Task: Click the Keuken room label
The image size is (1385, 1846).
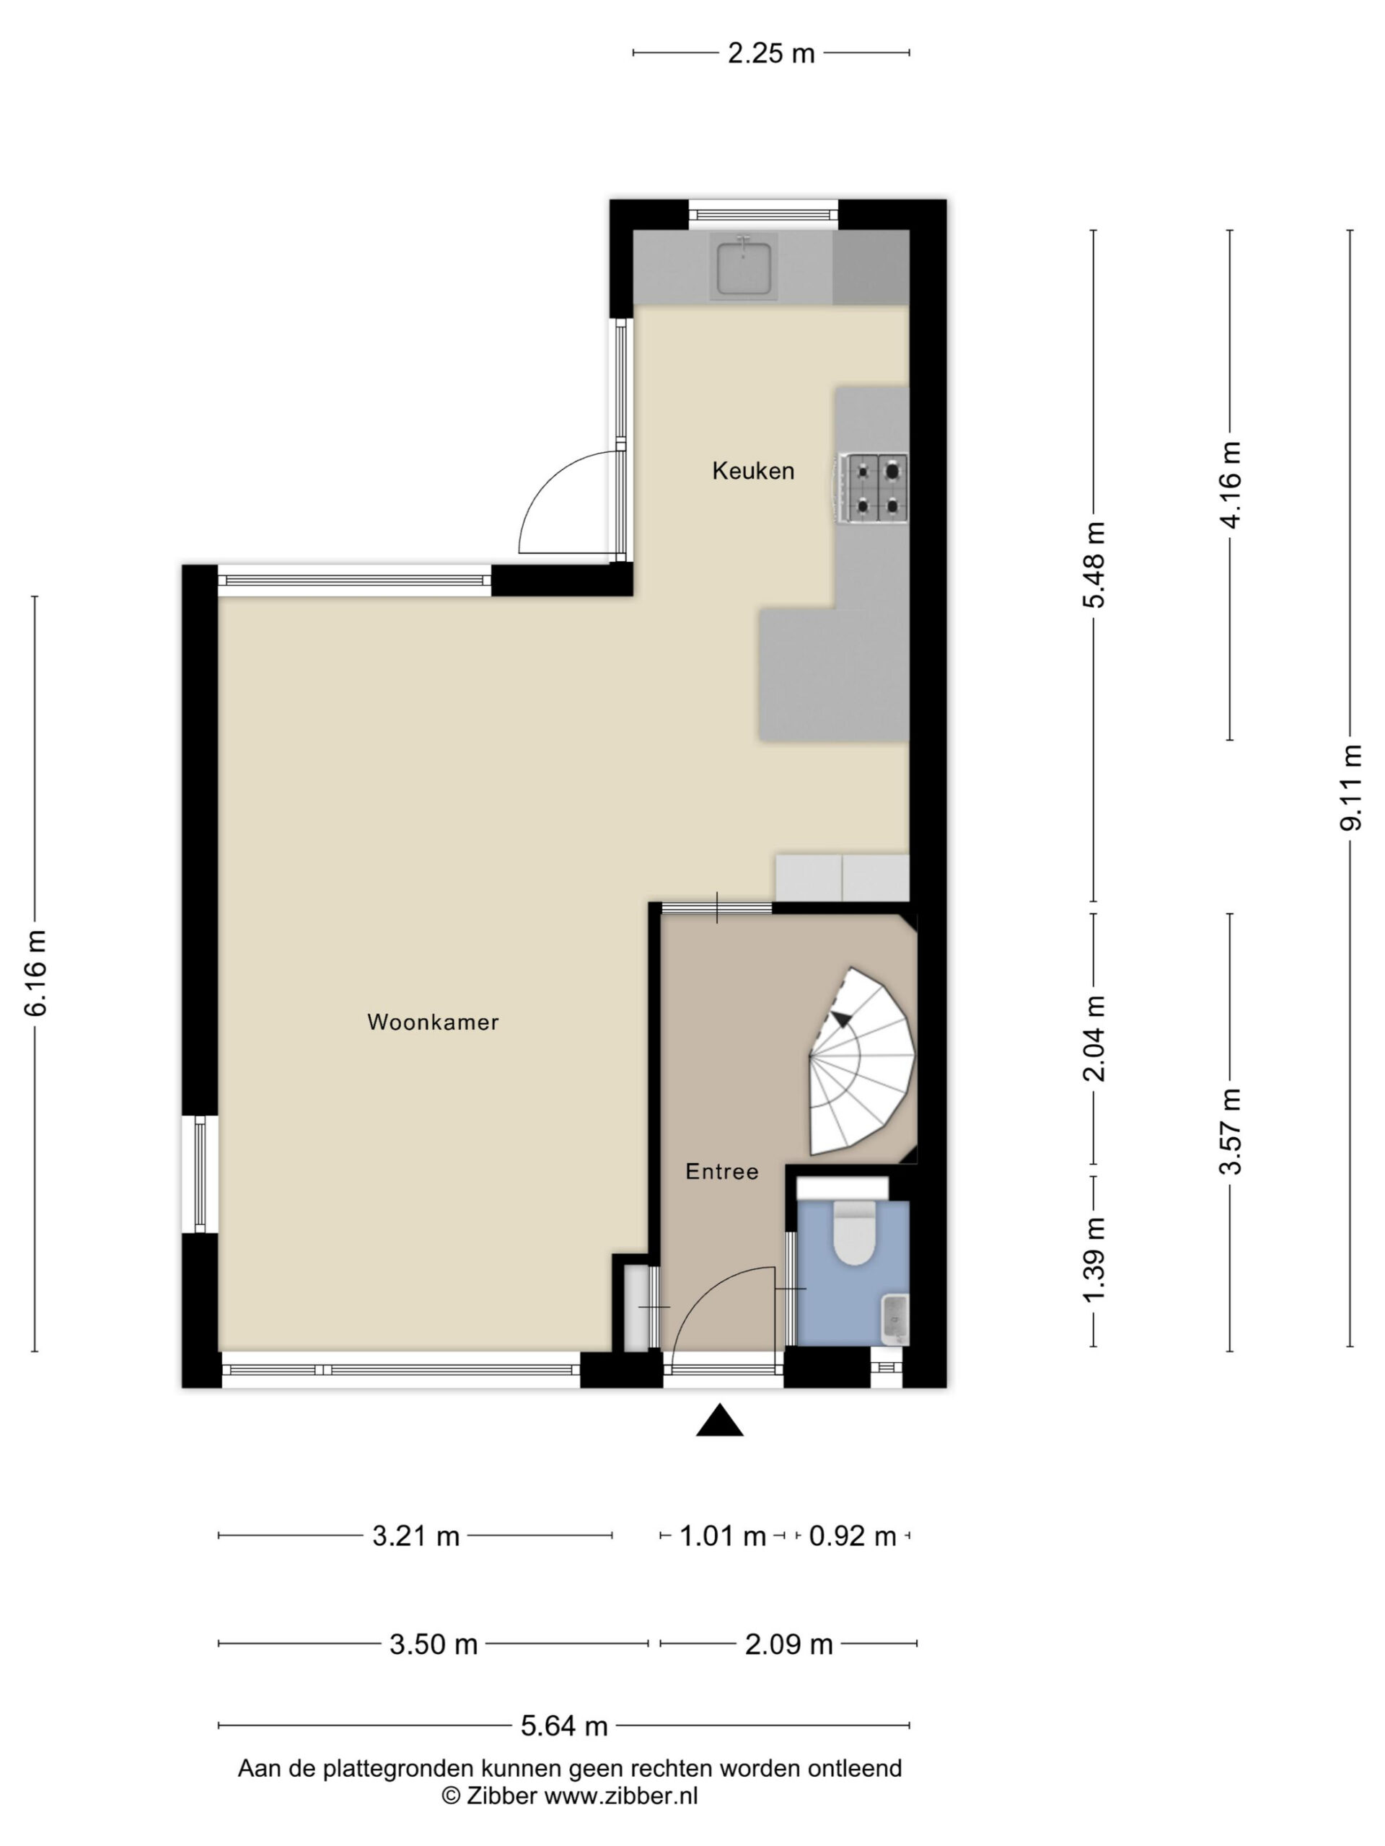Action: tap(752, 471)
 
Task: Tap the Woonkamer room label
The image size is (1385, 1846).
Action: tap(432, 1023)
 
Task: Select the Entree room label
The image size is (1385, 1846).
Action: tap(721, 1172)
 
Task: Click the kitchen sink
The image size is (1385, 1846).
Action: tap(743, 265)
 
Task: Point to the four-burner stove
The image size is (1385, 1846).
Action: tap(874, 488)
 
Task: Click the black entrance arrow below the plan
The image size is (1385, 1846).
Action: tap(720, 1420)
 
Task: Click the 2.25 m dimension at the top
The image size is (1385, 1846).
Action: tap(770, 53)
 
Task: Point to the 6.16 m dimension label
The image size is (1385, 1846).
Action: tap(36, 973)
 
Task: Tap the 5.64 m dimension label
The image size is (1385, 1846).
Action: tap(563, 1725)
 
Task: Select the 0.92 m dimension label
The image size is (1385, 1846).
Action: tap(851, 1535)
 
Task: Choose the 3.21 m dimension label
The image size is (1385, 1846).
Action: tap(415, 1535)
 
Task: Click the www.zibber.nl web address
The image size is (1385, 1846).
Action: tap(620, 1796)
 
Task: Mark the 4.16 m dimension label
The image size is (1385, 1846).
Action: tap(1231, 485)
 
